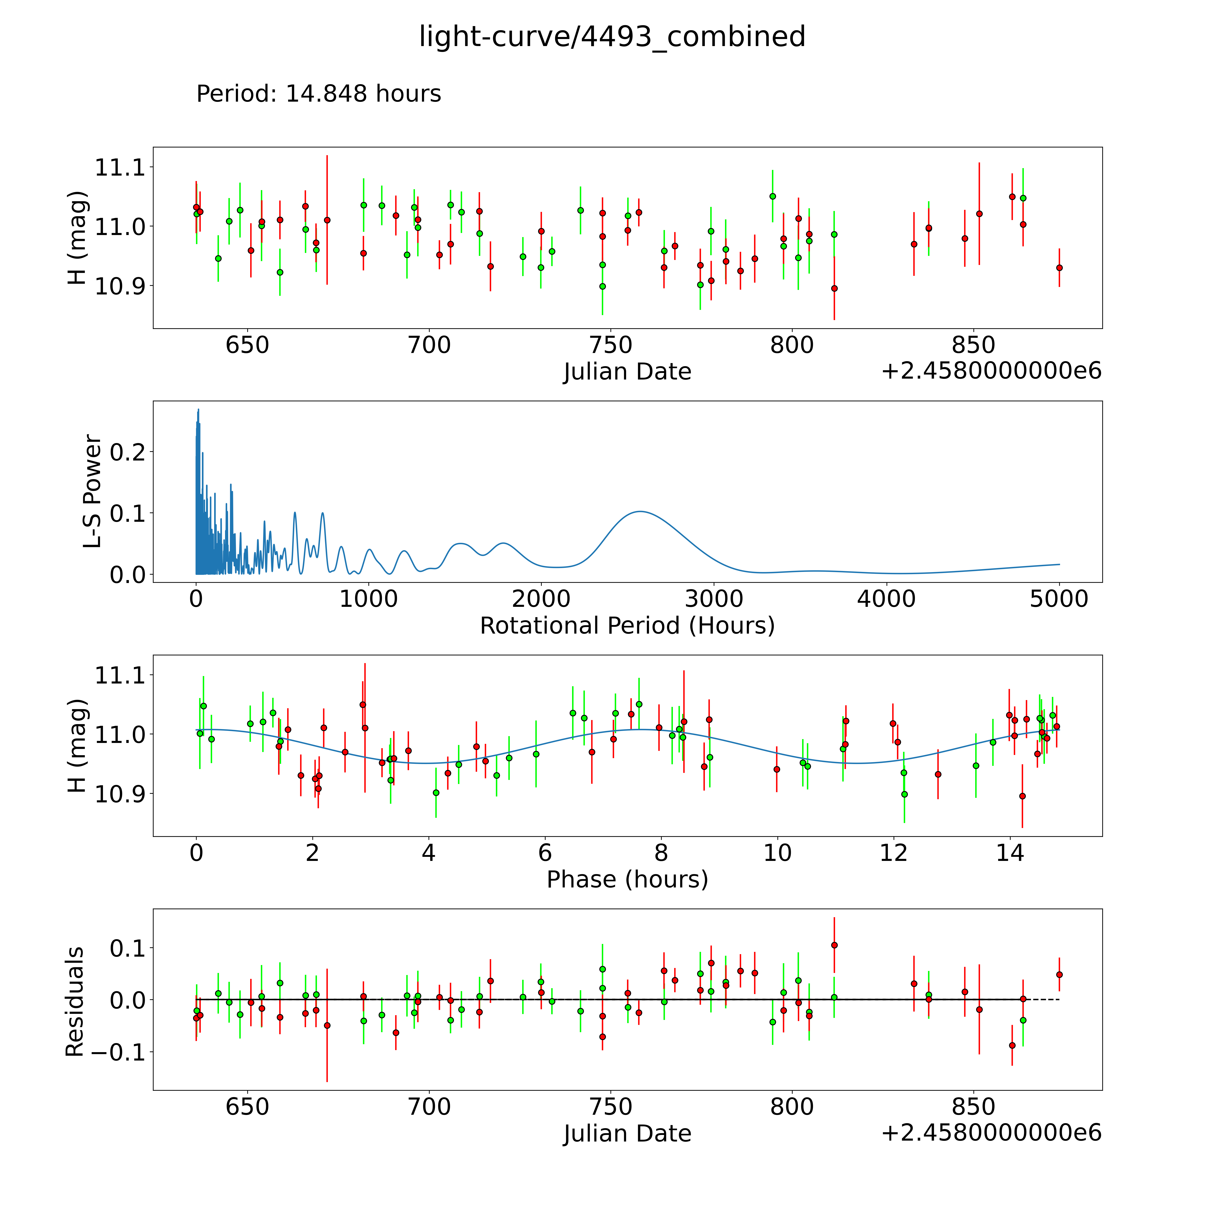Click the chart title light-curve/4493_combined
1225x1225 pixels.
tap(612, 37)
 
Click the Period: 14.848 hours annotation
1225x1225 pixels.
tap(318, 94)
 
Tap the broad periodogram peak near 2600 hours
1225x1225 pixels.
tap(640, 511)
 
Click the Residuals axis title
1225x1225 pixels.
tap(75, 1002)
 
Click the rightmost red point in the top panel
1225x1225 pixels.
tap(1059, 268)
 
